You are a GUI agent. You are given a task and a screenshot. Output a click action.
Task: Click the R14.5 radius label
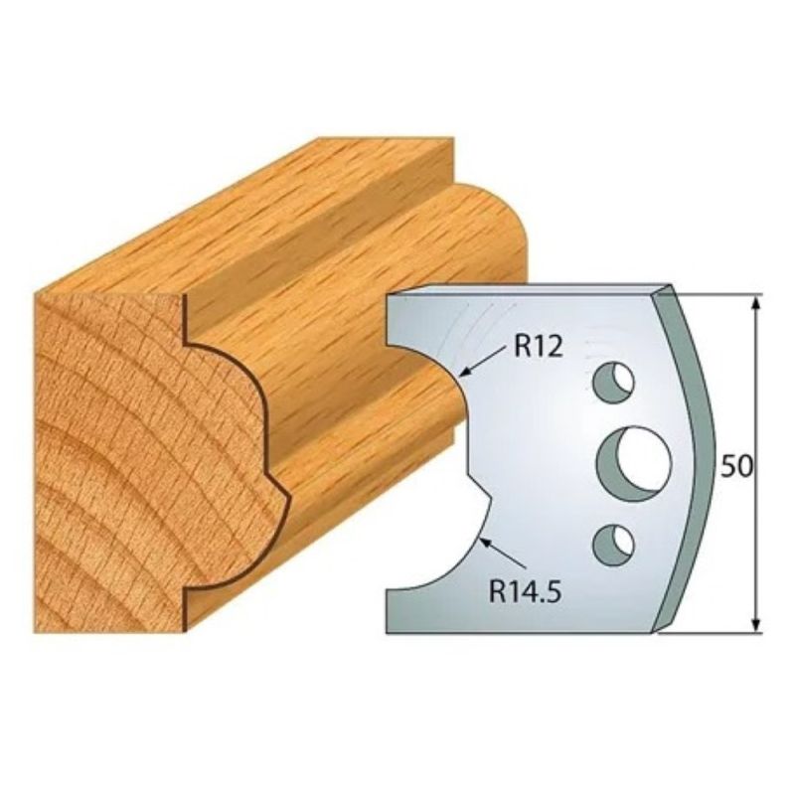pos(525,591)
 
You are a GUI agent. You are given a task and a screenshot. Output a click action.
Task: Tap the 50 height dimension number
pos(736,466)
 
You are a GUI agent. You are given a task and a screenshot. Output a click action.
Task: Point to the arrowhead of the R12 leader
pos(464,375)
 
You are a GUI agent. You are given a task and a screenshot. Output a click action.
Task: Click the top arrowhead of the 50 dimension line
pos(756,304)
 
